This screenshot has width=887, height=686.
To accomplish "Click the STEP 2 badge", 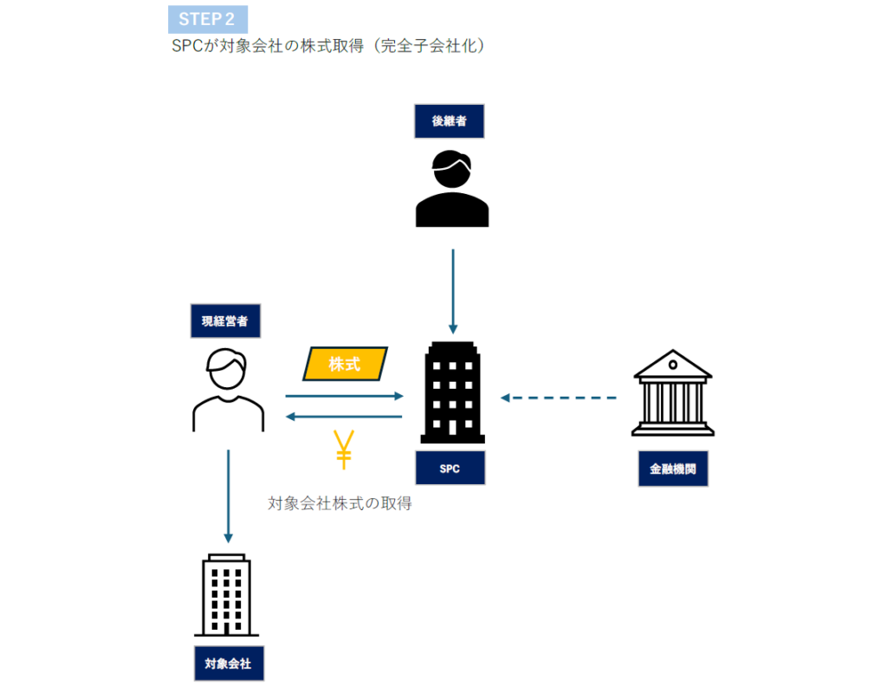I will coord(207,19).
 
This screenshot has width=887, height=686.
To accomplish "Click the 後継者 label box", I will coord(449,121).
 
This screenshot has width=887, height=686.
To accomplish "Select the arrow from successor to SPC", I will coord(452,290).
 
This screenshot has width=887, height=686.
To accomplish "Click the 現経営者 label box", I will coord(224,320).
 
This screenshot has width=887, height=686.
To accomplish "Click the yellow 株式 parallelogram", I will coord(345,364).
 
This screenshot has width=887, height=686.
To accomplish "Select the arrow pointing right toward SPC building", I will coord(345,397).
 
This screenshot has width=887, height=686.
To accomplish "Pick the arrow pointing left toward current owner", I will coord(345,417).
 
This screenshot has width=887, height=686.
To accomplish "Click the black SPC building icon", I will coord(451,392).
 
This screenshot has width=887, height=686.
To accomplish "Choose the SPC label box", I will coord(450,469).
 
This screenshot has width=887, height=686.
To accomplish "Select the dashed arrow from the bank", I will coord(559,398).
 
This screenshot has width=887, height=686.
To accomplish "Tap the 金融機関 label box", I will coord(673,469).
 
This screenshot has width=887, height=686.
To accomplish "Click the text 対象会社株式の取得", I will coord(340,503).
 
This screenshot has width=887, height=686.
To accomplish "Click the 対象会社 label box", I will coord(228,664).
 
